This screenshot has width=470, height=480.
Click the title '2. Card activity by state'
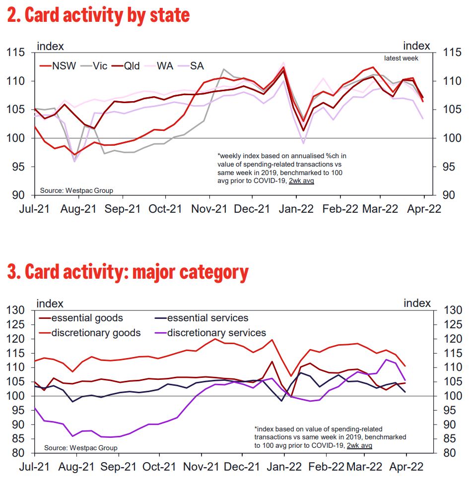pyautogui.click(x=98, y=15)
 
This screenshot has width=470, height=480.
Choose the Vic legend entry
pyautogui.click(x=105, y=66)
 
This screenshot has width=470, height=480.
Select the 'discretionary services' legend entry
pyautogui.click(x=216, y=333)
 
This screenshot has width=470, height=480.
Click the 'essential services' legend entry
pyautogui.click(x=207, y=318)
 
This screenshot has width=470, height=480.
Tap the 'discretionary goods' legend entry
pyautogui.click(x=96, y=333)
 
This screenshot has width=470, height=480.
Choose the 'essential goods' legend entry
pyautogui.click(x=87, y=318)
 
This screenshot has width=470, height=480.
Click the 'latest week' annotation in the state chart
pyautogui.click(x=401, y=58)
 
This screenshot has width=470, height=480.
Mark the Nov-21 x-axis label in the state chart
pyautogui.click(x=216, y=209)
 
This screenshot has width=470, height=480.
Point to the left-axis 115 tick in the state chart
pyautogui.click(x=18, y=52)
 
